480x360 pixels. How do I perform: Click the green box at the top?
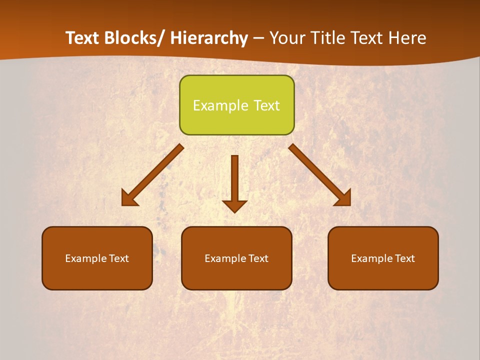[236, 105]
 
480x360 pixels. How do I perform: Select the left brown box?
[97, 258]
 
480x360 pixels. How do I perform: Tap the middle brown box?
[236, 258]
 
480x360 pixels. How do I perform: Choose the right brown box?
[383, 258]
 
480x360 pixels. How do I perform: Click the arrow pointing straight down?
[234, 183]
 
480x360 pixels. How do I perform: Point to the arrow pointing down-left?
[153, 175]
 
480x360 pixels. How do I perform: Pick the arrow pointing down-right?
[320, 175]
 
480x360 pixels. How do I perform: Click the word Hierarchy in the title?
[209, 38]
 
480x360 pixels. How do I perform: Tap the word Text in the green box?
[266, 105]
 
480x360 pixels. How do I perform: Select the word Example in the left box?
[86, 258]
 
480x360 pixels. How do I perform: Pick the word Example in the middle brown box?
[225, 258]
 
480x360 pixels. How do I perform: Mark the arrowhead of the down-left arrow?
[129, 198]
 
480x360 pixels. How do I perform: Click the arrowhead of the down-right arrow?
[343, 198]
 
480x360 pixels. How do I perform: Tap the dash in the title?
[258, 39]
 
